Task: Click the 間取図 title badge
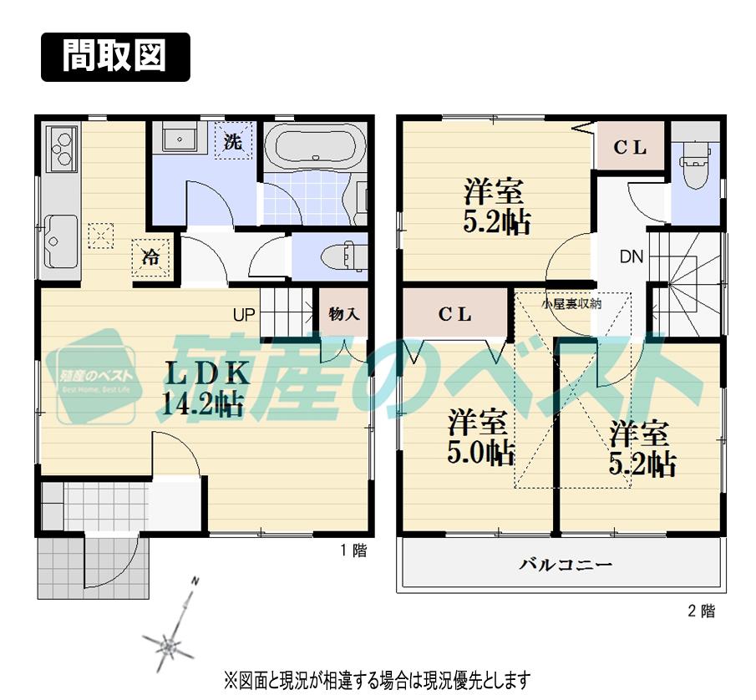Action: (x=115, y=57)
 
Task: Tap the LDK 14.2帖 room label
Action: (x=200, y=387)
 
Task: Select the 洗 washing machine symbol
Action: (x=233, y=142)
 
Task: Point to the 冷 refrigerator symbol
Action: (x=150, y=257)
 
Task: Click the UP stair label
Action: (x=244, y=315)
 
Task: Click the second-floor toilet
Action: (x=695, y=167)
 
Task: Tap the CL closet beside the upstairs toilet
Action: (x=631, y=148)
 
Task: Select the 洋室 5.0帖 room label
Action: (x=478, y=434)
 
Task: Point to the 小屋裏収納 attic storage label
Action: (x=571, y=304)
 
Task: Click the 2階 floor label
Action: (x=701, y=611)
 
